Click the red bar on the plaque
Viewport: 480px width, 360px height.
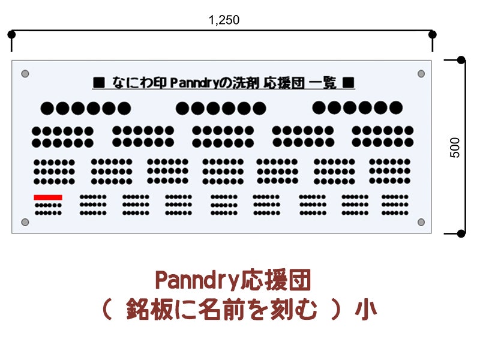coord(48,197)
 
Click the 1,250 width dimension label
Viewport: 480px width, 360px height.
coord(224,20)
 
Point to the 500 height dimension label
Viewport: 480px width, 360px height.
coord(455,148)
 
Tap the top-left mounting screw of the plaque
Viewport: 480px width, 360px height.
coord(25,73)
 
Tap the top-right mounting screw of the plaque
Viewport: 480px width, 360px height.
coord(421,73)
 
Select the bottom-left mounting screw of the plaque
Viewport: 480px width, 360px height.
coord(25,222)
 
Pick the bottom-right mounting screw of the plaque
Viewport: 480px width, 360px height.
coord(421,222)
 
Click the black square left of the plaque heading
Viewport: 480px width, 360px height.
coord(99,83)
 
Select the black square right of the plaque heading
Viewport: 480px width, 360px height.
coord(349,83)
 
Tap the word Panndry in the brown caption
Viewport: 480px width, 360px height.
coord(197,280)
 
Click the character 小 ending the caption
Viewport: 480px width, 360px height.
coord(366,309)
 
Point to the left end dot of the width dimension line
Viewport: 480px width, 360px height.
coord(11,34)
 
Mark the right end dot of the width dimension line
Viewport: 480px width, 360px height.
coord(432,34)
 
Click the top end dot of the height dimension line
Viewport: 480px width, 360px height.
coord(461,60)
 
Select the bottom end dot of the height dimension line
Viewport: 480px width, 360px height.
coord(461,233)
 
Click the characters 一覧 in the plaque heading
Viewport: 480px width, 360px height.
coord(323,83)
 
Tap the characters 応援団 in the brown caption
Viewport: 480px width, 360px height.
coord(275,280)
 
